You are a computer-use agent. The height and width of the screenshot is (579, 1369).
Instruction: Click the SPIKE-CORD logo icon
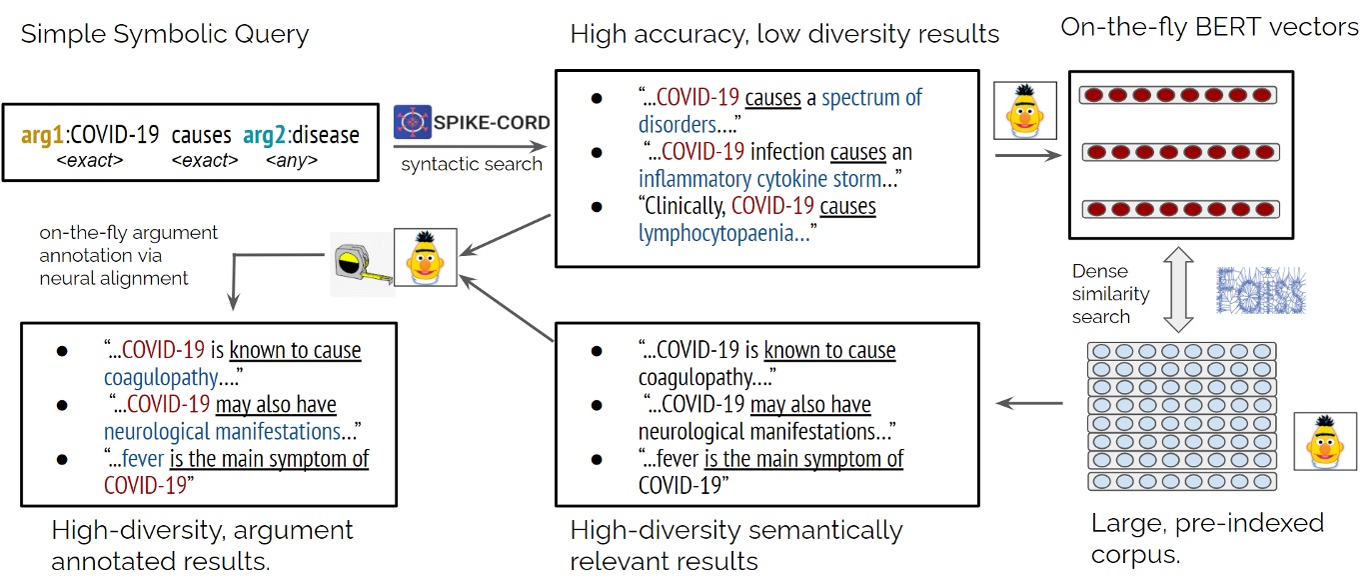(x=413, y=122)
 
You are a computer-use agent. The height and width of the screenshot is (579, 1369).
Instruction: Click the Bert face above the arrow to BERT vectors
(x=1024, y=111)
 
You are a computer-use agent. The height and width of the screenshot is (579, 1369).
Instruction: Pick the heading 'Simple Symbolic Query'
(x=165, y=34)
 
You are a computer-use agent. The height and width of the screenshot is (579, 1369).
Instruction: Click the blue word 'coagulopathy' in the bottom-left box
(x=161, y=378)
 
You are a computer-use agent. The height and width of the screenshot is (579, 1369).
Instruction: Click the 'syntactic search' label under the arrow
(x=472, y=163)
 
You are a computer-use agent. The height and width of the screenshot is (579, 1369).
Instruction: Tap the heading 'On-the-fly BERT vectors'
(x=1210, y=28)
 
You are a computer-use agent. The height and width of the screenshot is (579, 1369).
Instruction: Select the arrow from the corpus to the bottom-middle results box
(x=1029, y=403)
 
